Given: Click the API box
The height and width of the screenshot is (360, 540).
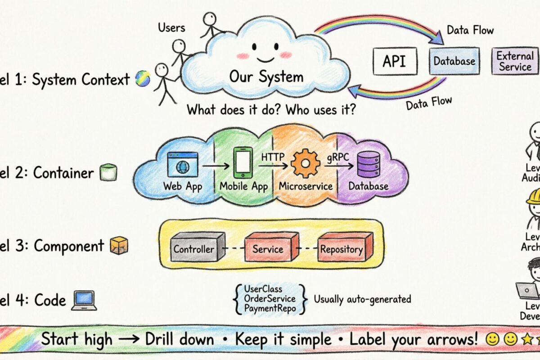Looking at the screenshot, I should coord(395,61).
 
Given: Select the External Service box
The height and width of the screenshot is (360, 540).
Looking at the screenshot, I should coord(515,61).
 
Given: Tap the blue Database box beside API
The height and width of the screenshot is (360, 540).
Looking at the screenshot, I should coord(454,61).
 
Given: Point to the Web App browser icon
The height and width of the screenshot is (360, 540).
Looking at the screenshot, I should coord(182,163).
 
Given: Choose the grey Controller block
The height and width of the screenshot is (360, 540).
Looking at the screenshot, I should coord(196,247).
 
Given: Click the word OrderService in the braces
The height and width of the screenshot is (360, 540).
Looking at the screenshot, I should coord(270,298).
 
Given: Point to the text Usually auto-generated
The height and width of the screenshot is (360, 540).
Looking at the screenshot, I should coord(362,299).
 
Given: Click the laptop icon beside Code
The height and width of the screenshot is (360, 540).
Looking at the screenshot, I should coord(84,300).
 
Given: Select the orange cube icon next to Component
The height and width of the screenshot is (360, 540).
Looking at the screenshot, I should coord(119,246).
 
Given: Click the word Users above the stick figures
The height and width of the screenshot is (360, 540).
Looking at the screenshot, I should coord(171,28).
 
